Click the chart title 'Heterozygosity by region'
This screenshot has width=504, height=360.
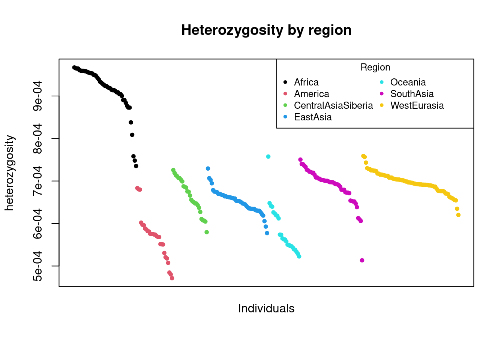(266, 30)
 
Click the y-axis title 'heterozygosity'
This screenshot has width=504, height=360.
(9, 173)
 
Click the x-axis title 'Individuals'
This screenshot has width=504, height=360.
(266, 309)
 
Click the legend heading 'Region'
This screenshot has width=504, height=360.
(375, 67)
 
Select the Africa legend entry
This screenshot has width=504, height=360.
(306, 82)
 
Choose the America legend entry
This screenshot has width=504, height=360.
(311, 94)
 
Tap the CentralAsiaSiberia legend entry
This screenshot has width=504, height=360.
(333, 106)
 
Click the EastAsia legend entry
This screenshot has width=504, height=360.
(313, 117)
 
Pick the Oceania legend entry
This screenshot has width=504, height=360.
(408, 82)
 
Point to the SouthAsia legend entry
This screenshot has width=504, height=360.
(412, 94)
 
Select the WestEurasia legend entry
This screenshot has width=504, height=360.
(417, 106)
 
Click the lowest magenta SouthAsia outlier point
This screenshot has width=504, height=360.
(362, 260)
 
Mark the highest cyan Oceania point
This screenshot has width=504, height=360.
(268, 157)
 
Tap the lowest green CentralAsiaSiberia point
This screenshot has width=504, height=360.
(207, 232)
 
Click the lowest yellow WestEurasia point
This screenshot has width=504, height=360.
(458, 215)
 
